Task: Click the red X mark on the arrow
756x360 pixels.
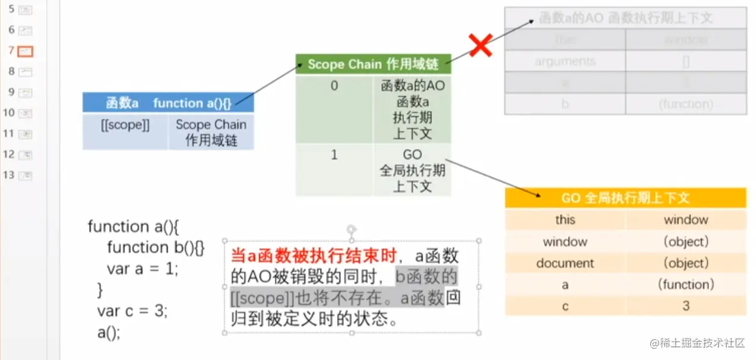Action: pos(480,45)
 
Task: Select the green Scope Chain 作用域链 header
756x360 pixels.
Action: pos(373,64)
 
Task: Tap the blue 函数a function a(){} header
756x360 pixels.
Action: pos(168,103)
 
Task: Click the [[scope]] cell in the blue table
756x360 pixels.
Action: pos(125,126)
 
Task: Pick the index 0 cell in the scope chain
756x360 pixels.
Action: pos(334,86)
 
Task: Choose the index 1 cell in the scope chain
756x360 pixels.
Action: pos(334,155)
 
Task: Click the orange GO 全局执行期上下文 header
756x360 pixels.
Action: pos(625,198)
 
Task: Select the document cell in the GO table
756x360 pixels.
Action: pos(564,263)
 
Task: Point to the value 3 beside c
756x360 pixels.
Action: pos(686,306)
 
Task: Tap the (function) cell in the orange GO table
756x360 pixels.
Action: pos(686,284)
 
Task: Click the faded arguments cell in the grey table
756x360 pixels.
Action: pos(564,61)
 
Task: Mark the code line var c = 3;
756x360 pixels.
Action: pos(132,311)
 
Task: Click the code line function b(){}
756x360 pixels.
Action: pos(155,248)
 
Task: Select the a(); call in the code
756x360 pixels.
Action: pos(109,332)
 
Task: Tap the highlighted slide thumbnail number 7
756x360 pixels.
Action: pos(26,51)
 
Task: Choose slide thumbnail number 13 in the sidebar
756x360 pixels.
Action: pos(26,176)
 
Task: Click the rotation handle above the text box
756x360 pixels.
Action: pos(352,229)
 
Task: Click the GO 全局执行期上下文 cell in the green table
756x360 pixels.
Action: pos(412,171)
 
